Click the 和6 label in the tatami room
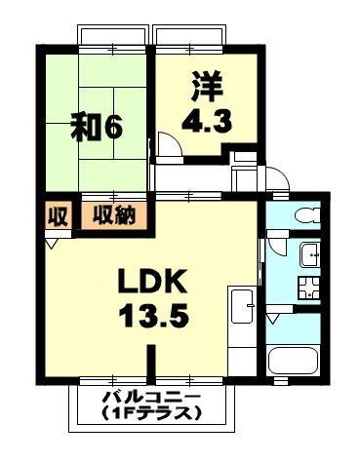95,127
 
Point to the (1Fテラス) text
151,413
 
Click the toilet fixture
304,213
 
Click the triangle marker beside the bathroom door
272,318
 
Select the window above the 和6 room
114,36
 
